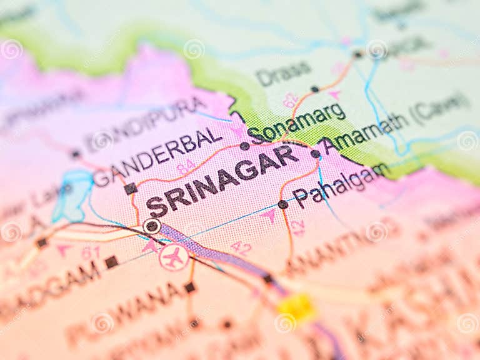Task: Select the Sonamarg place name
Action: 296,122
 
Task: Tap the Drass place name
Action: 283,74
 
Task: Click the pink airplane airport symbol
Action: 174,257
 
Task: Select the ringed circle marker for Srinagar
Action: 151,226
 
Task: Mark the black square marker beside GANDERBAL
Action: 130,188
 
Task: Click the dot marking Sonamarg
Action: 244,146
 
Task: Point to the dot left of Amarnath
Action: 316,154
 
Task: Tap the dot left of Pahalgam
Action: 282,204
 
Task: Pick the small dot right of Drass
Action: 314,89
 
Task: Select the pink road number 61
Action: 91,252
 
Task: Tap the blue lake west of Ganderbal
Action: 72,194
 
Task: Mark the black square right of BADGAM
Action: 111,262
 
